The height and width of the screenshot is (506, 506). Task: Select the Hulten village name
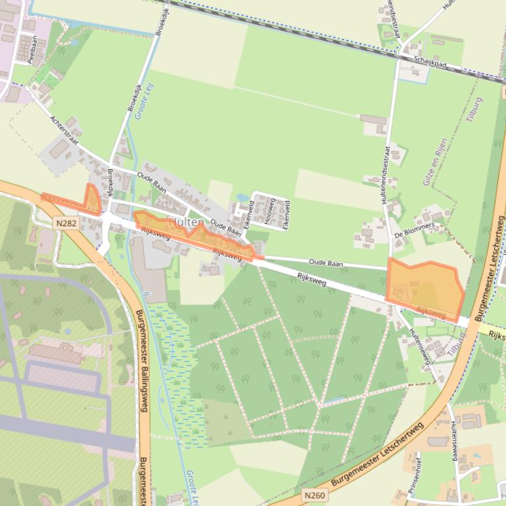[185, 222]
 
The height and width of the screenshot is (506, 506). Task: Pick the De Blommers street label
[415, 229]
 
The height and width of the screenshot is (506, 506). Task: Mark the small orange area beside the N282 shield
[91, 200]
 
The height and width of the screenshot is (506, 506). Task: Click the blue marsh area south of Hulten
[171, 368]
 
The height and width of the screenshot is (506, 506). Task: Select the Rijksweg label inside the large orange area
[431, 313]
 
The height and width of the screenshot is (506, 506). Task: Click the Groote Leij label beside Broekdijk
[140, 105]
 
